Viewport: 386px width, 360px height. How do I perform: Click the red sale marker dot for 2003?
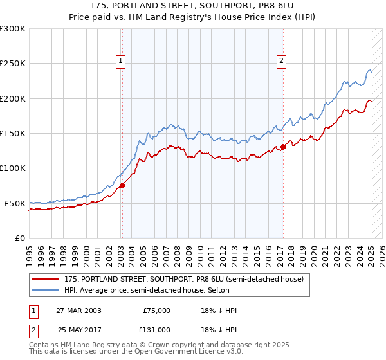point(122,186)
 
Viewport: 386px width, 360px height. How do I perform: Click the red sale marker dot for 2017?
point(283,147)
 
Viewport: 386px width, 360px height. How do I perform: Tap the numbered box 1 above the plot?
point(121,61)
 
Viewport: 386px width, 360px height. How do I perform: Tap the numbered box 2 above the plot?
point(282,61)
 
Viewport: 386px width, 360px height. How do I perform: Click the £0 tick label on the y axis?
point(20,238)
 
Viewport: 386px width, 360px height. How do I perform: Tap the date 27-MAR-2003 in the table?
point(79,310)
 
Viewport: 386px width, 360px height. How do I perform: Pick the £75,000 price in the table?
point(156,310)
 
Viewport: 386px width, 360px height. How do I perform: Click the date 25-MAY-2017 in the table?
point(79,329)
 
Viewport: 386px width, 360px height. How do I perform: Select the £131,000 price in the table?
point(156,329)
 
